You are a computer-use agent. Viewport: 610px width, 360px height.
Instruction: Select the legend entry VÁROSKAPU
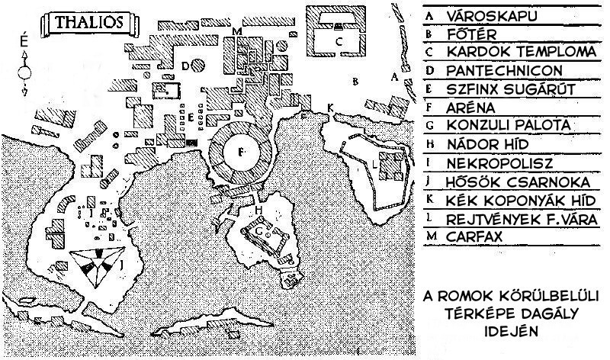[495, 15]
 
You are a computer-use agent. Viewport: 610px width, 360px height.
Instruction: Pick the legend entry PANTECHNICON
[507, 71]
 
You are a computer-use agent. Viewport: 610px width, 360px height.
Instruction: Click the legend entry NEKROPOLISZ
[500, 163]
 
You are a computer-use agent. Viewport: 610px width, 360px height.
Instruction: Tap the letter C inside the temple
[340, 41]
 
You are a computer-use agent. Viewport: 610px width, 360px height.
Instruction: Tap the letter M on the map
[237, 31]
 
